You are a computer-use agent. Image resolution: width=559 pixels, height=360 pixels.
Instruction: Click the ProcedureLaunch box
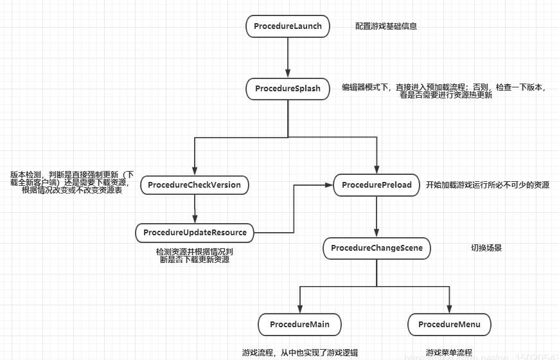(x=288, y=26)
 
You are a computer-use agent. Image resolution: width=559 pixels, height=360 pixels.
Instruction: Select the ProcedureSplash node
(x=288, y=88)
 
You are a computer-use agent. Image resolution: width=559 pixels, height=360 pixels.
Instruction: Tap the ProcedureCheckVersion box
(x=194, y=185)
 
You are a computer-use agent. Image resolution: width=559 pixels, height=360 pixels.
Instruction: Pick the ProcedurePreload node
(x=377, y=185)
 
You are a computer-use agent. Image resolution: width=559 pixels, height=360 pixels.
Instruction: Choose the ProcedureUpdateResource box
(x=195, y=232)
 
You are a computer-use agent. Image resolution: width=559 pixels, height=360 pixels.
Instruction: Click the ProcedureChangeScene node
(x=377, y=248)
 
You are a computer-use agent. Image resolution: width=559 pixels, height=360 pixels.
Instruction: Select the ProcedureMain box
(x=299, y=325)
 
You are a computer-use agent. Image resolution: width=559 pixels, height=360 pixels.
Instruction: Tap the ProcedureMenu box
(x=450, y=325)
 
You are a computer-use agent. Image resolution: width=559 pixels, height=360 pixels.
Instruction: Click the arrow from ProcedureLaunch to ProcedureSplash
(x=288, y=58)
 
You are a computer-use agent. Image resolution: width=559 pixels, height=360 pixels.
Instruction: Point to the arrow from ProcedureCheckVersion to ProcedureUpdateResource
(x=194, y=209)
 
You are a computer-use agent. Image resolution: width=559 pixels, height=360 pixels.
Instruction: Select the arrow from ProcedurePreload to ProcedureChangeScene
(x=377, y=217)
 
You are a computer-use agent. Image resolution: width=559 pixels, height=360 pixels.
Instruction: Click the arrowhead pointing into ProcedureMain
(x=299, y=309)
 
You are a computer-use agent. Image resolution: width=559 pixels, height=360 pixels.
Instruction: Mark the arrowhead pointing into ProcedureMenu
(x=450, y=309)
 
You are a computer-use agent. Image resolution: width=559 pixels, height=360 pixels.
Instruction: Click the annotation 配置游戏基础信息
(x=386, y=27)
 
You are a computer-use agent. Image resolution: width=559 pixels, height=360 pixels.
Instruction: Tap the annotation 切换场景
(x=486, y=248)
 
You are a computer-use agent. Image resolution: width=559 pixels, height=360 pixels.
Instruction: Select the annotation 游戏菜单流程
(x=449, y=352)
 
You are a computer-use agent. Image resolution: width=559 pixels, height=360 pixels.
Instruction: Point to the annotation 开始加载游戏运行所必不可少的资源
(x=488, y=185)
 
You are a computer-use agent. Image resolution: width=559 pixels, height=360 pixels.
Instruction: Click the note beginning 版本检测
(x=71, y=183)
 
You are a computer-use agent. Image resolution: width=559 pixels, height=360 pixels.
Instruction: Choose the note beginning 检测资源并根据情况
(x=195, y=256)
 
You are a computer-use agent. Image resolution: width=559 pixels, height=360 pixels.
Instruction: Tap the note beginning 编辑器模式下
(x=444, y=91)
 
